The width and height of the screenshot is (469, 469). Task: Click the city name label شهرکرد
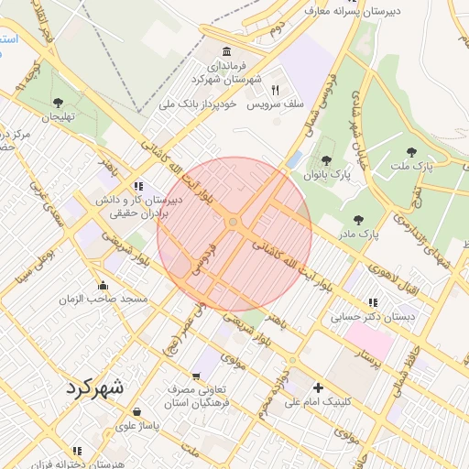94,387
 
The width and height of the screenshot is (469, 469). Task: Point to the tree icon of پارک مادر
357,220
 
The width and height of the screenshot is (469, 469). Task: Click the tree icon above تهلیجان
59,102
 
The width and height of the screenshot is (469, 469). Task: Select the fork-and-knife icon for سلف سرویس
275,90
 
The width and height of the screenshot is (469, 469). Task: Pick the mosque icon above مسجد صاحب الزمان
103,285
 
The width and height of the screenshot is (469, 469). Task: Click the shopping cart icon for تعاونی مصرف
195,376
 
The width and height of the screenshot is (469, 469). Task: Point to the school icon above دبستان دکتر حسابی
372,301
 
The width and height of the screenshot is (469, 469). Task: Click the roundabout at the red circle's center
234,223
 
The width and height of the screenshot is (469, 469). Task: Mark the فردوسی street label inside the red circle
204,259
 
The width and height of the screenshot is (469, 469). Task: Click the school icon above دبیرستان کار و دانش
137,184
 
